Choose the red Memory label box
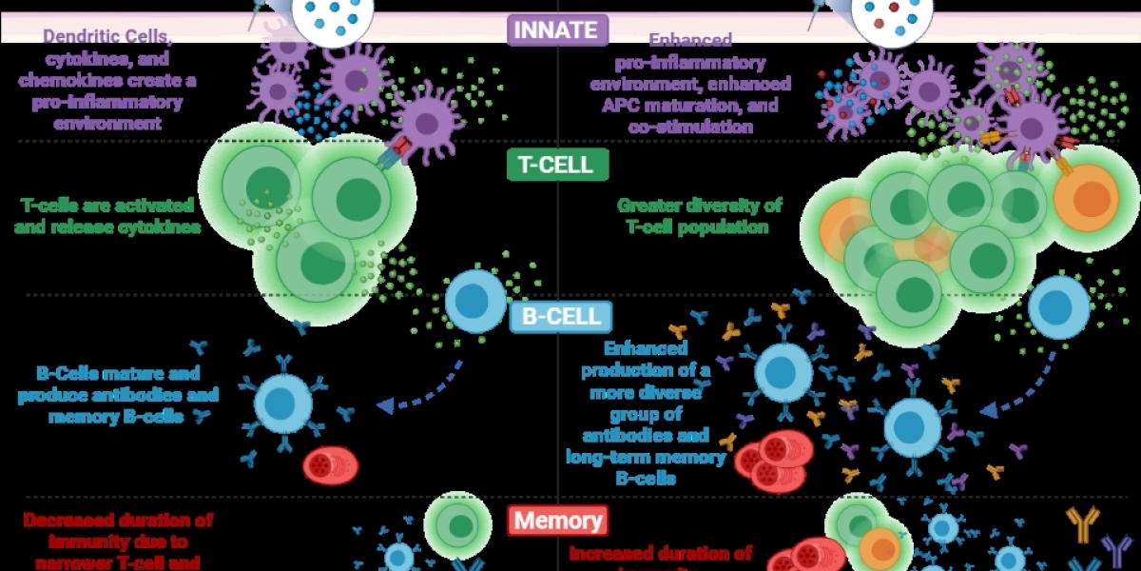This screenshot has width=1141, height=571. point(557,521)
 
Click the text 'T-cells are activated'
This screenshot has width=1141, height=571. point(107,206)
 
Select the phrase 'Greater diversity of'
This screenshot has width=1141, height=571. point(699,206)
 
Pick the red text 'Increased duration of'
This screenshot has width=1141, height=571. point(660,552)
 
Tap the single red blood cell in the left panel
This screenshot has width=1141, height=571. point(331,466)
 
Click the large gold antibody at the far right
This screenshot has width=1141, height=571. point(1084,522)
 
